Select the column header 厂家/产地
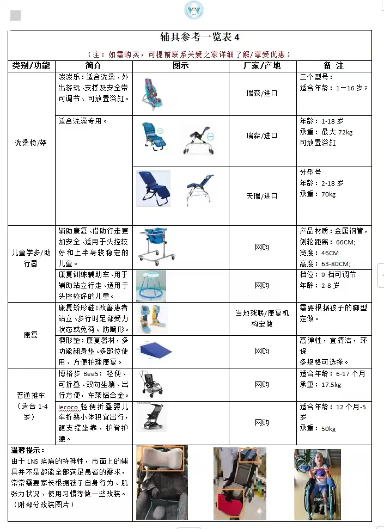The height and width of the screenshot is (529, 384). pyautogui.click(x=261, y=66)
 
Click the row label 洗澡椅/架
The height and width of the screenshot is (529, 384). pyautogui.click(x=32, y=143)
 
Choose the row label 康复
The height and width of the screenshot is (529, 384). pyautogui.click(x=31, y=335)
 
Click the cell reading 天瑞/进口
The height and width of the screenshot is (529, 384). pyautogui.click(x=261, y=195)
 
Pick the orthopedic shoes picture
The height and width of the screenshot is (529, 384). pyautogui.click(x=150, y=317)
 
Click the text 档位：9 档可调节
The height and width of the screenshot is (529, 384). pyautogui.click(x=328, y=275)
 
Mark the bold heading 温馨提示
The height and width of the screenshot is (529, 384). pyautogui.click(x=27, y=450)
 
